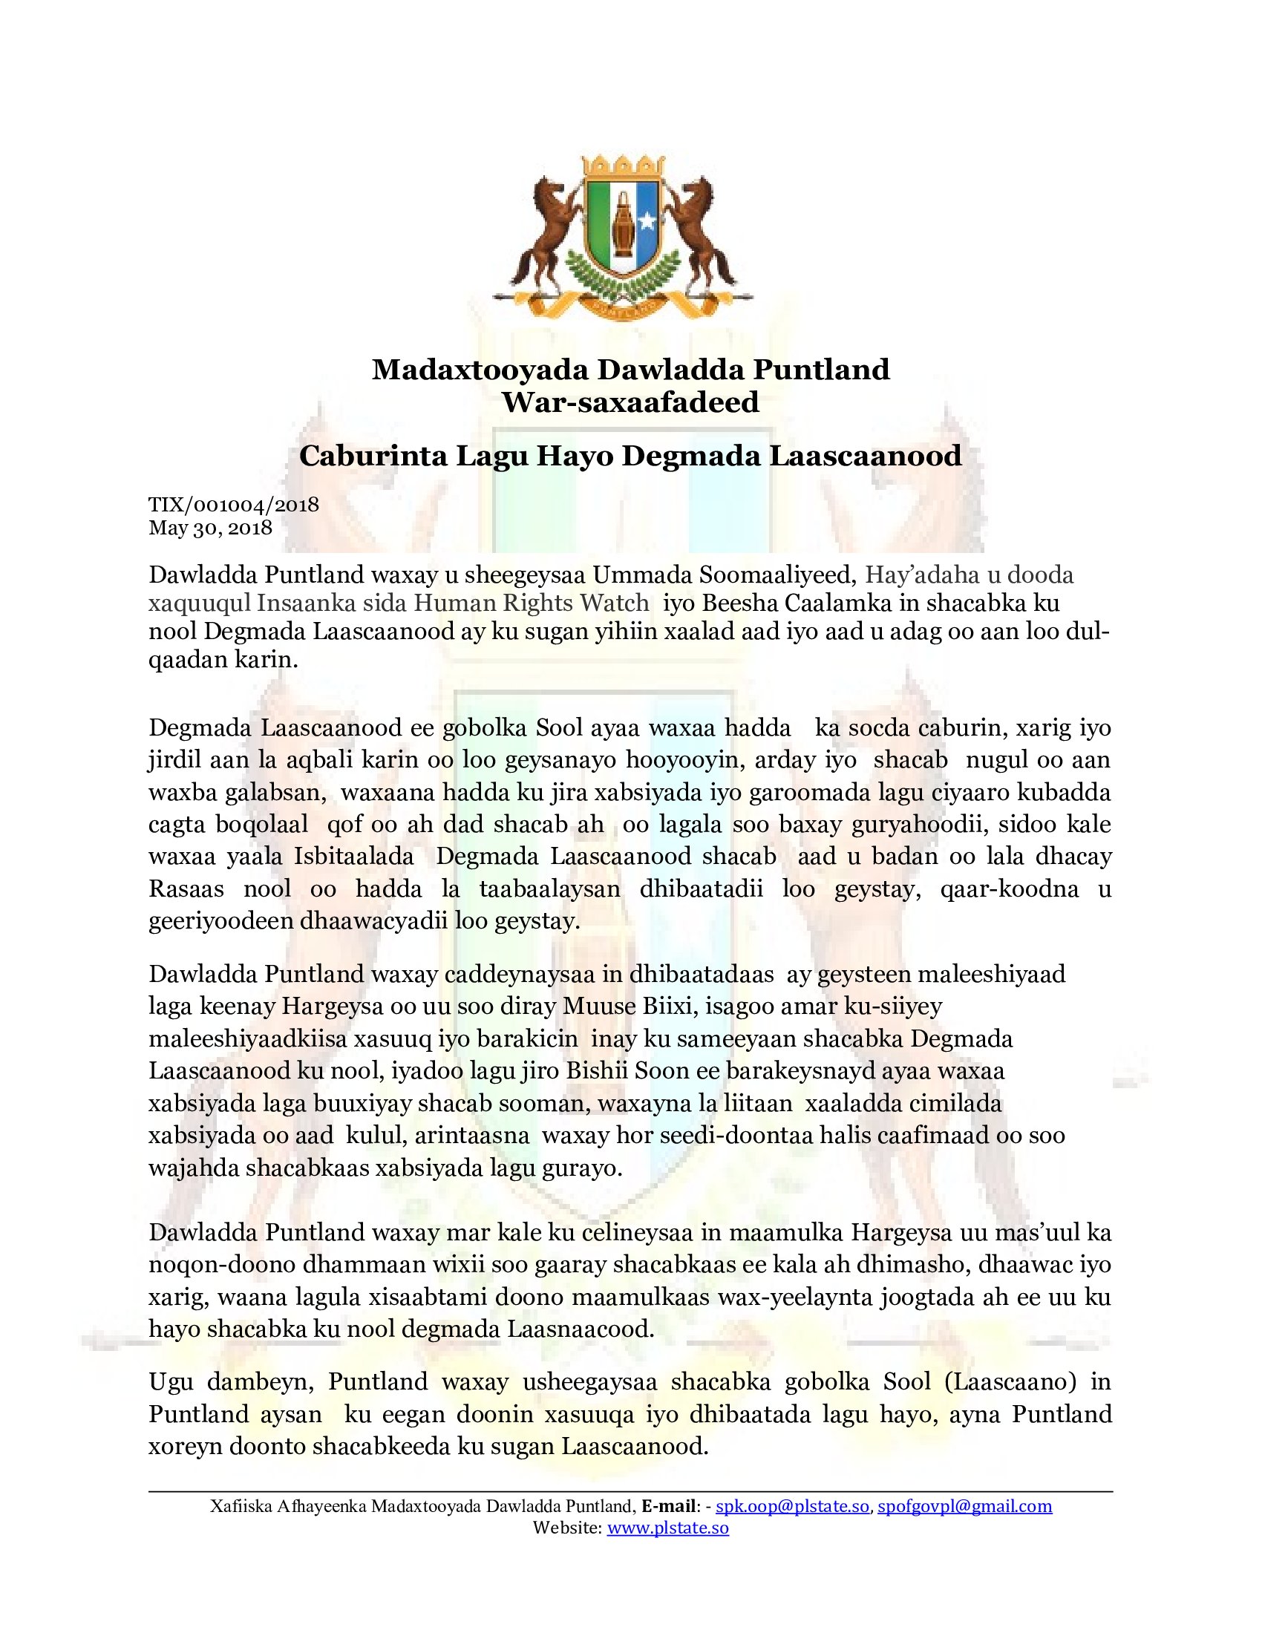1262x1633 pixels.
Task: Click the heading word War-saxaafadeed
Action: tap(630, 402)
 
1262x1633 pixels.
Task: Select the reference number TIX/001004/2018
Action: tap(234, 505)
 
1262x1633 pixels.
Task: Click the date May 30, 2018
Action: tap(210, 528)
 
